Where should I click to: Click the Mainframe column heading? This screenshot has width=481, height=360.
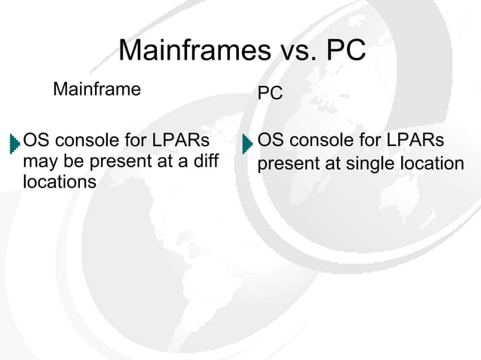coord(97,91)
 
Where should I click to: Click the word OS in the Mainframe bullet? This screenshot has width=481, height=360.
coord(35,141)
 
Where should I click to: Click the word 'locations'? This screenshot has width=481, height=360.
coord(60,182)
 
